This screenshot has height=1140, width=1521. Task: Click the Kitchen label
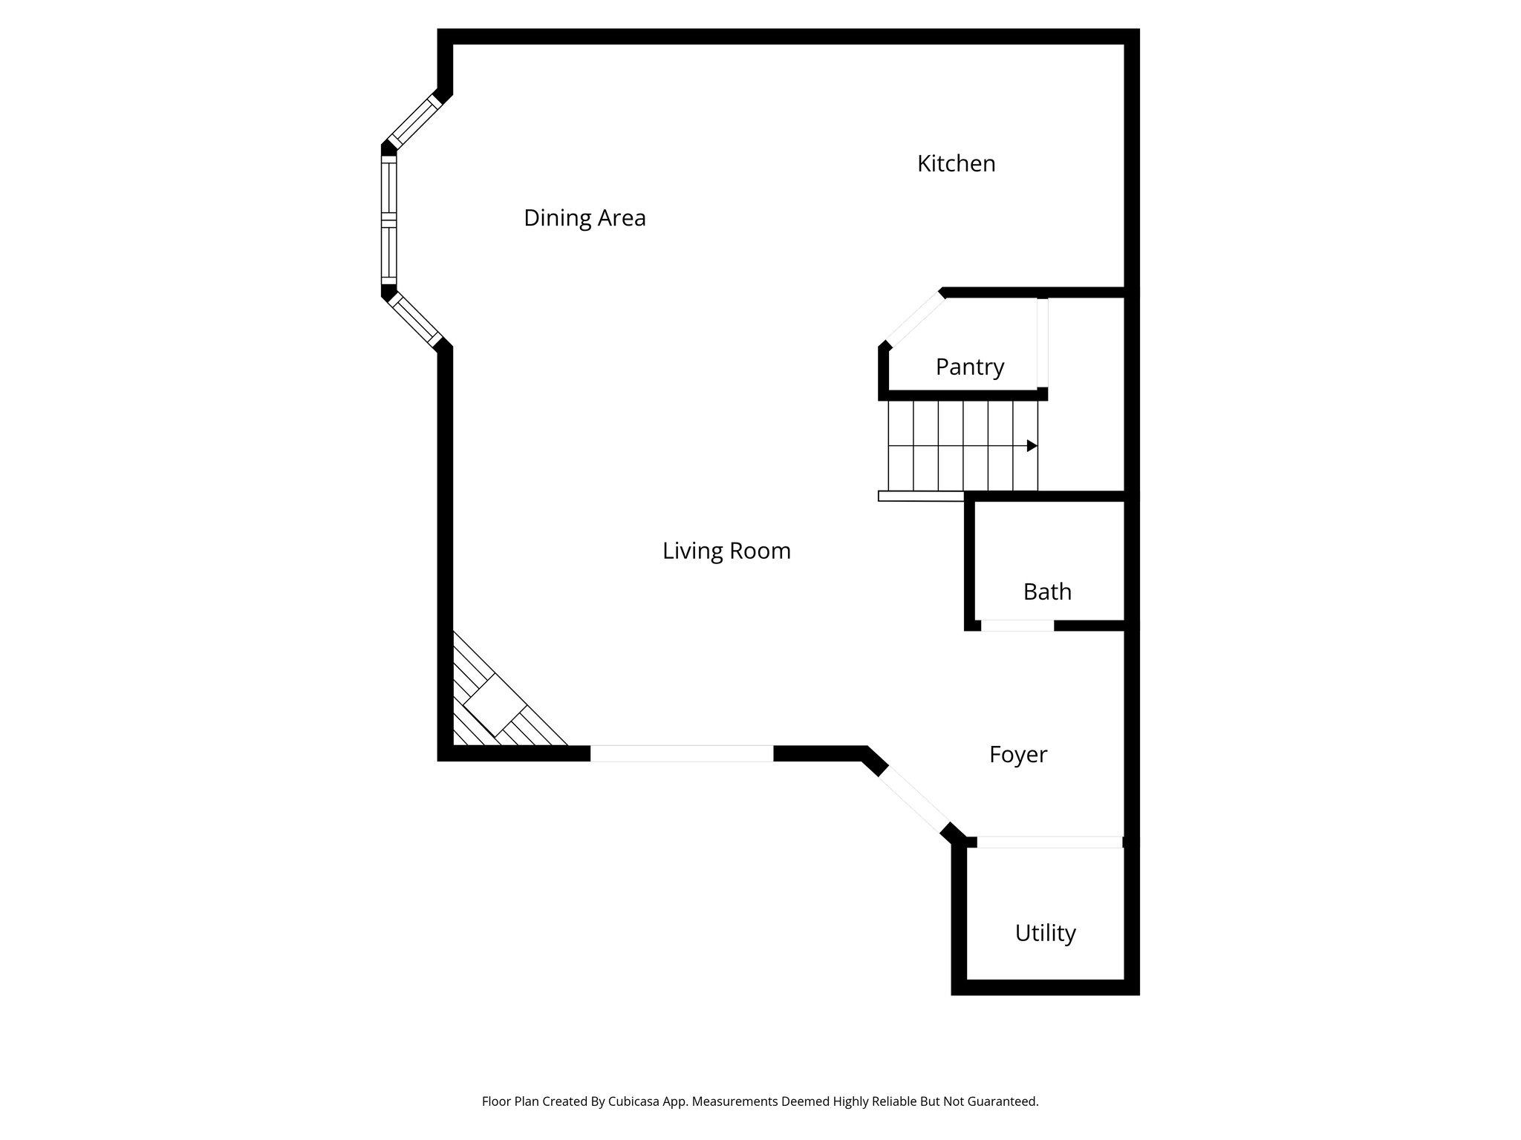click(x=956, y=163)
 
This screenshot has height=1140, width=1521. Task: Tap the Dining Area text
click(x=584, y=218)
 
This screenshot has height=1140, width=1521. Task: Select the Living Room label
click(x=726, y=551)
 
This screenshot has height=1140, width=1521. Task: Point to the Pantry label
click(x=969, y=367)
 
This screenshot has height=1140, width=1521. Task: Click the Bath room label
click(x=1047, y=592)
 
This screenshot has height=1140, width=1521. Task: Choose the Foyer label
click(x=1017, y=755)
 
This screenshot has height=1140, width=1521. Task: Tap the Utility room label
click(x=1045, y=933)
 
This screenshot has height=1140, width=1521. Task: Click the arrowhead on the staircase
click(x=1032, y=445)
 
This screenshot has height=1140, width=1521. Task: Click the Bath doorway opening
click(x=1017, y=626)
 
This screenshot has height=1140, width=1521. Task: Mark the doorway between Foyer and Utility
click(x=1049, y=842)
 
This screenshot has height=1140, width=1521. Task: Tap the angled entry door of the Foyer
click(x=914, y=801)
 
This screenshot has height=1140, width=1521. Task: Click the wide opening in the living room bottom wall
click(x=681, y=753)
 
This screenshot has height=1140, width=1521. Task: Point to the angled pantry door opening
click(x=916, y=319)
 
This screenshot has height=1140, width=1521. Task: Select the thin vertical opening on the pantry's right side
click(x=1042, y=343)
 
